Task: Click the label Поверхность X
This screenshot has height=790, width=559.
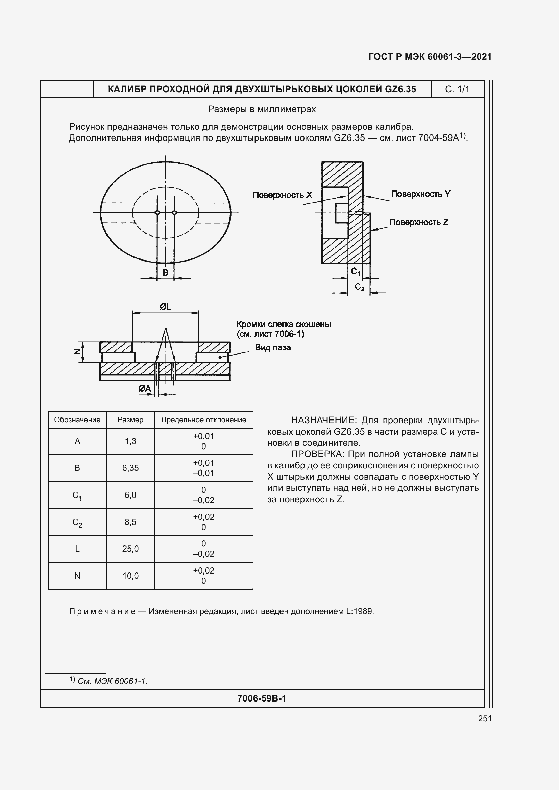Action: (x=282, y=195)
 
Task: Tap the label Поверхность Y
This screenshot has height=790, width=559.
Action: (x=420, y=194)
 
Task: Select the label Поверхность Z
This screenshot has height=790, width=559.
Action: (x=418, y=222)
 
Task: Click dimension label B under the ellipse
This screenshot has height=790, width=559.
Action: (x=166, y=273)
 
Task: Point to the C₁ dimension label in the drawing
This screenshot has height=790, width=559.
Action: (x=355, y=272)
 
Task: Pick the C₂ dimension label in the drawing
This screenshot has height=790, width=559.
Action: (x=359, y=287)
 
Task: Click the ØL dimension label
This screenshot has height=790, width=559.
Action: (x=166, y=307)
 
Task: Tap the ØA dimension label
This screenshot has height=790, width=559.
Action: (x=145, y=389)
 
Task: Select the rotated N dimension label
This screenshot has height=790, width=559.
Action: (x=77, y=351)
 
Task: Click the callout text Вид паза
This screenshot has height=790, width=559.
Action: (x=273, y=348)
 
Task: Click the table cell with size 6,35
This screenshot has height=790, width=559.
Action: (x=130, y=468)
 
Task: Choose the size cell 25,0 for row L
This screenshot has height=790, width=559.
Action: (x=130, y=549)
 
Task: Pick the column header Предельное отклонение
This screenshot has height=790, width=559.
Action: (x=203, y=420)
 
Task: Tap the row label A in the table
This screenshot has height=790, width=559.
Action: (x=77, y=441)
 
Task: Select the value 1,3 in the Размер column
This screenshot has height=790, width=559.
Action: (x=130, y=441)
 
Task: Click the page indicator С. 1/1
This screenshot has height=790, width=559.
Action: (x=457, y=90)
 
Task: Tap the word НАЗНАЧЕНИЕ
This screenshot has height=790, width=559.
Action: (x=322, y=421)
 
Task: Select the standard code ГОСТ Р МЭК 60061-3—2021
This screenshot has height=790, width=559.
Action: (x=430, y=57)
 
